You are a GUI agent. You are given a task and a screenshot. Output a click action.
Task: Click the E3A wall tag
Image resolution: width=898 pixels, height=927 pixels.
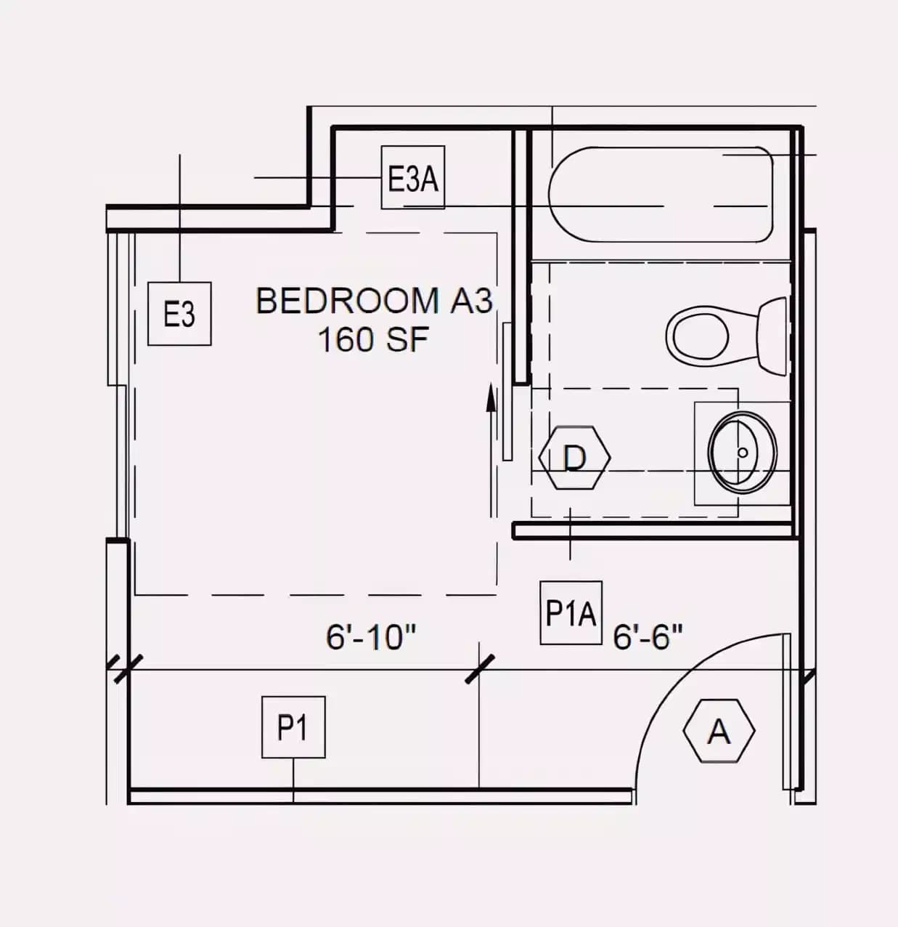(x=413, y=178)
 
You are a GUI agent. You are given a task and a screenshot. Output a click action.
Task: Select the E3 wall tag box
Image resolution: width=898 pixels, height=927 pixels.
(x=179, y=314)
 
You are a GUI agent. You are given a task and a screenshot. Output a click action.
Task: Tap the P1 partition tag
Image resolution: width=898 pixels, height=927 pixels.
(x=293, y=727)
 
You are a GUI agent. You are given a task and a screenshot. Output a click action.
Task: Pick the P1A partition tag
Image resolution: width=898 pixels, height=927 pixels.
(x=571, y=613)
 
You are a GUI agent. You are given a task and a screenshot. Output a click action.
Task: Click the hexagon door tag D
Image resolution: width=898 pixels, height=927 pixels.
(x=575, y=458)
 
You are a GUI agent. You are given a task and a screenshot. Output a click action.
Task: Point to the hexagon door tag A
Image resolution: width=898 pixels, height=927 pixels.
(x=719, y=731)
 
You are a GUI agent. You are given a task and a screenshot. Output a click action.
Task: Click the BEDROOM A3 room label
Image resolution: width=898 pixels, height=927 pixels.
(x=375, y=301)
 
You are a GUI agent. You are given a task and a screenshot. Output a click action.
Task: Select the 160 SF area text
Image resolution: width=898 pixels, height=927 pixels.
(x=373, y=339)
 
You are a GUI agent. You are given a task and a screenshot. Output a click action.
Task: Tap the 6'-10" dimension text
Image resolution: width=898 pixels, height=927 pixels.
(x=370, y=637)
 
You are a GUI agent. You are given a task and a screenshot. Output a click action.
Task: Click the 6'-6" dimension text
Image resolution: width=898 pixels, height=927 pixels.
(x=648, y=637)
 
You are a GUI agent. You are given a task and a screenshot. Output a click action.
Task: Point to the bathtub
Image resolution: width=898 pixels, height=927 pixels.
(x=661, y=195)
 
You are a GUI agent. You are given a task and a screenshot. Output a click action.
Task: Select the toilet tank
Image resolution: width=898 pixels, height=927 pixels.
(x=772, y=336)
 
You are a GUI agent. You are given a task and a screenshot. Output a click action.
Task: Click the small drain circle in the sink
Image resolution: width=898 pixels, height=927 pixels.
(x=743, y=452)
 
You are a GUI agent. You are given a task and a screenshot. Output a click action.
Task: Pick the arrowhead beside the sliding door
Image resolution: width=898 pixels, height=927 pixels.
(x=491, y=398)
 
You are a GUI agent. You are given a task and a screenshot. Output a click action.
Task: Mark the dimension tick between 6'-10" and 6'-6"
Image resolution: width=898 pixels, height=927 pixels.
(x=479, y=669)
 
